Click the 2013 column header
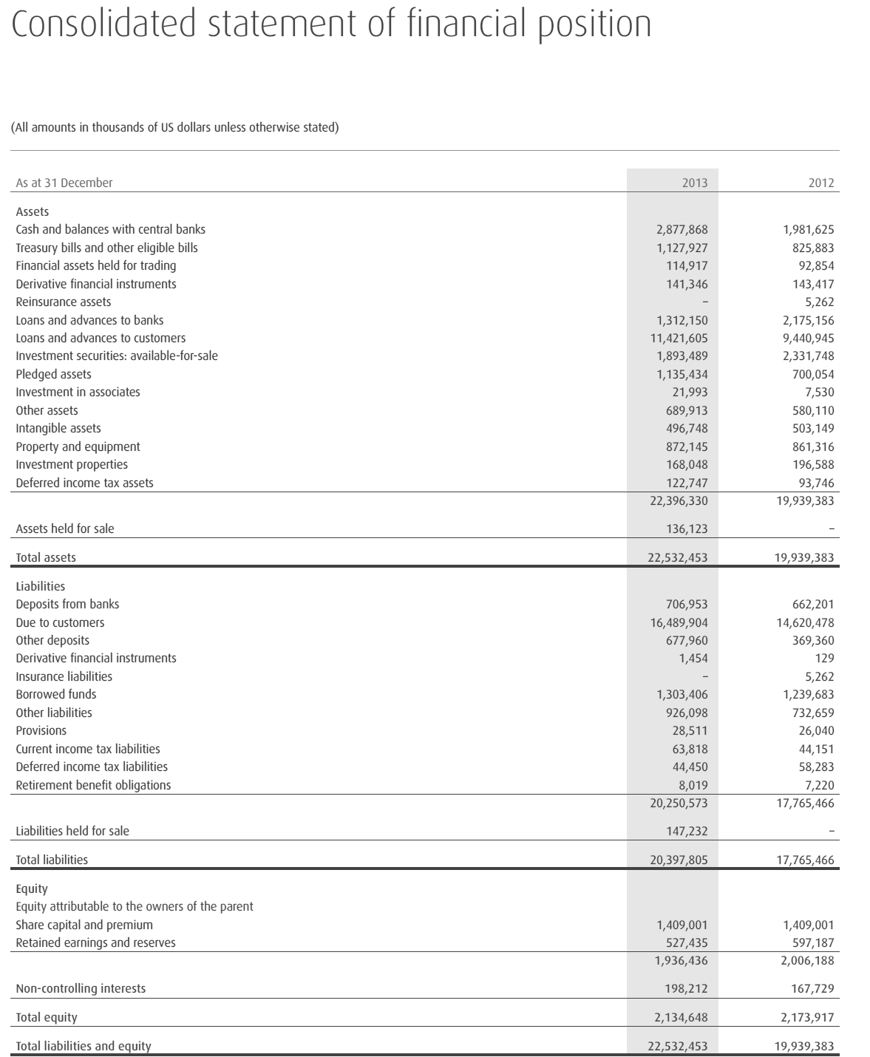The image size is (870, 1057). coord(695,183)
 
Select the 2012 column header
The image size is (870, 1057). coord(821,183)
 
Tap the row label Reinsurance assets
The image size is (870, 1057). coord(64,302)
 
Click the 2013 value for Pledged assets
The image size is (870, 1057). coord(682,374)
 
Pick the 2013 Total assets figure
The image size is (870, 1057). coord(678,557)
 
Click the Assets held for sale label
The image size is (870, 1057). coord(65,528)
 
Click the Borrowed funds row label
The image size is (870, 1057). coord(56,694)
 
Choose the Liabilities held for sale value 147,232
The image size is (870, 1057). coord(687,831)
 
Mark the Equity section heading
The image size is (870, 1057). coord(32,888)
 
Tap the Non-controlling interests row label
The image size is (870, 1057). coord(81,988)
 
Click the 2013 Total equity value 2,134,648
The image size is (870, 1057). coord(681,1017)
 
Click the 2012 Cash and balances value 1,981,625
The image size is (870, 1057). coord(808,229)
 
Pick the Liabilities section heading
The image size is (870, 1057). coord(41,586)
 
